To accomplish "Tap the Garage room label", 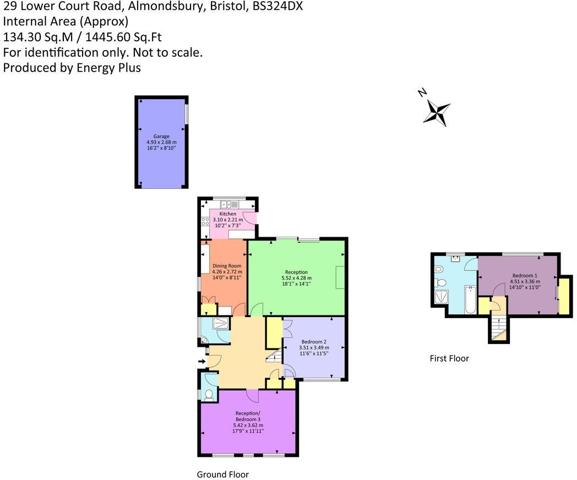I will (161, 136).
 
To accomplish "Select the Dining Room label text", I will (227, 266).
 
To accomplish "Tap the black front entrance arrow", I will (202, 362).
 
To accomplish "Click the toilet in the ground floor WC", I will (208, 394).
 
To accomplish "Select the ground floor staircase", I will (274, 358).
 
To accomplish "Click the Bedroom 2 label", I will (314, 342).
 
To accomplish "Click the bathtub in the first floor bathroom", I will (469, 299).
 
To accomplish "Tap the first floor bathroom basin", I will (456, 257).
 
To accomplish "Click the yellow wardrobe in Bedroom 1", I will (564, 297).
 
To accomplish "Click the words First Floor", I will (449, 358).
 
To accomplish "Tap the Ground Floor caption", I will (222, 474).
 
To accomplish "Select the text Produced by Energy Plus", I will (72, 68).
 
